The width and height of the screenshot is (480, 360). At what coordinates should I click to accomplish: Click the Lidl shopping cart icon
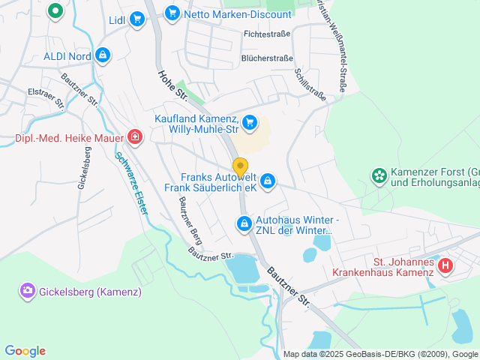[x=136, y=19]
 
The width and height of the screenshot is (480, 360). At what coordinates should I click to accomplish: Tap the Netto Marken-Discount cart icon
[x=172, y=13]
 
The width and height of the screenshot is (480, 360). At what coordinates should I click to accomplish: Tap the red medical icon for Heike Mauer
[x=134, y=136]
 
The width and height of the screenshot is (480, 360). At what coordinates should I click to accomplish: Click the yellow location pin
[x=240, y=166]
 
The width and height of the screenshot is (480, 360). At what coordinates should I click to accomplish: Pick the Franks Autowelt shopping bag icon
[x=268, y=181]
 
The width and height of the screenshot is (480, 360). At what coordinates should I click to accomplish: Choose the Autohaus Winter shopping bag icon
[x=244, y=223]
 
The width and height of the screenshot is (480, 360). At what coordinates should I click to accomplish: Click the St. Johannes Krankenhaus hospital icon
[x=445, y=265]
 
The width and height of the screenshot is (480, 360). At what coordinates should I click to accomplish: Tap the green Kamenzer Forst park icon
[x=379, y=176]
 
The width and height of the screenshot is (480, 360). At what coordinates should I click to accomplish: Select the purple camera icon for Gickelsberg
[x=28, y=289]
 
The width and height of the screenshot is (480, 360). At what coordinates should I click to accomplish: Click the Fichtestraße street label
[x=267, y=34]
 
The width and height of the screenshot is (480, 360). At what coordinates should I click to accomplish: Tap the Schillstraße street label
[x=310, y=84]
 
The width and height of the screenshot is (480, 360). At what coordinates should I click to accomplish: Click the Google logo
[x=25, y=350]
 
